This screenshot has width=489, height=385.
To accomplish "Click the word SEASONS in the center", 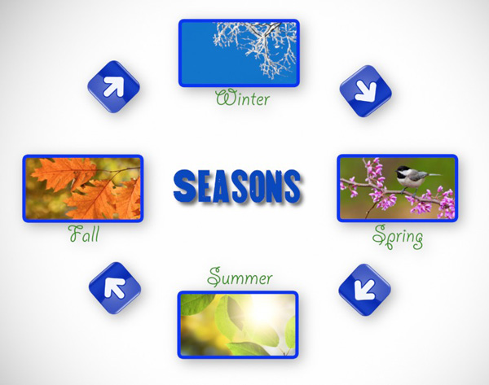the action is tap(238, 187).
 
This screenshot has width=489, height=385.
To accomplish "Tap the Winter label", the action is tap(243, 98).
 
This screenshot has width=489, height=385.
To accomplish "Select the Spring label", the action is tap(398, 237).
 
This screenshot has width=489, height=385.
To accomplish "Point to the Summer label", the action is tap(240, 278).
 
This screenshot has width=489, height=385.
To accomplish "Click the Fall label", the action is tap(84, 234).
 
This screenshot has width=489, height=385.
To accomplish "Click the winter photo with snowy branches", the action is tap(239, 53).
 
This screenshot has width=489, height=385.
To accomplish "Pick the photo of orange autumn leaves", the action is tap(83, 189).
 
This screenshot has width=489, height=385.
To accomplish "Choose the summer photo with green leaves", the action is tap(238, 325).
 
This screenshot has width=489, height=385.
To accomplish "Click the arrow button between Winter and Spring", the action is tap(365, 91).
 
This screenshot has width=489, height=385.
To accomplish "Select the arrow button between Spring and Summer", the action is tap(364, 290).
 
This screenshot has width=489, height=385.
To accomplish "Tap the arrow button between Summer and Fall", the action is tap(115, 288).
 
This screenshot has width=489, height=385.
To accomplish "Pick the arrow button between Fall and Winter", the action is tap(113, 86).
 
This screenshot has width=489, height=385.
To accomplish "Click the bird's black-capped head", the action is tap(402, 170).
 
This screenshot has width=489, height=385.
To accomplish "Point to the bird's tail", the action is tap(434, 175).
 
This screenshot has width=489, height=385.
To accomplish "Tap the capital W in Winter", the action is tap(225, 98).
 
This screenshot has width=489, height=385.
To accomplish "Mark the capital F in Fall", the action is tap(75, 234).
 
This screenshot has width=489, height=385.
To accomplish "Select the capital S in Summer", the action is tap(215, 277).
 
